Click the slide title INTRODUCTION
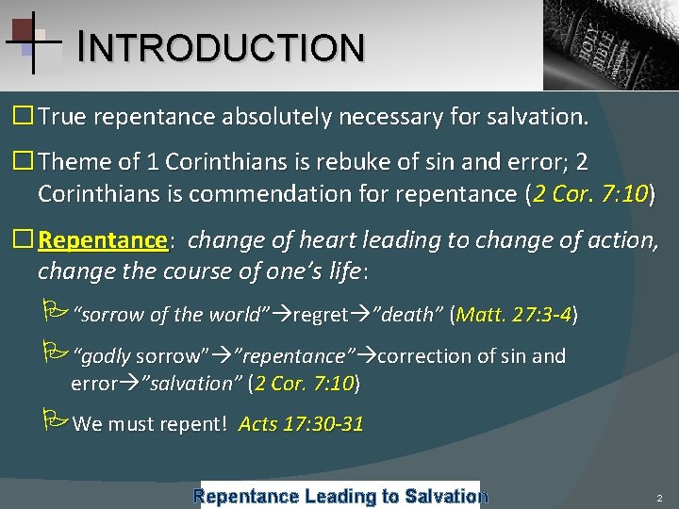[x=222, y=47]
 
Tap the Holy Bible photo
[x=611, y=44]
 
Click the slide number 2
[x=659, y=497]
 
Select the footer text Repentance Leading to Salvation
[x=340, y=495]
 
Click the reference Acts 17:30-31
[x=301, y=424]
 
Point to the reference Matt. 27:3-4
[x=514, y=314]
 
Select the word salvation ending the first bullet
[x=539, y=117]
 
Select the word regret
[x=321, y=314]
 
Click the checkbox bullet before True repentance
[x=22, y=117]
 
